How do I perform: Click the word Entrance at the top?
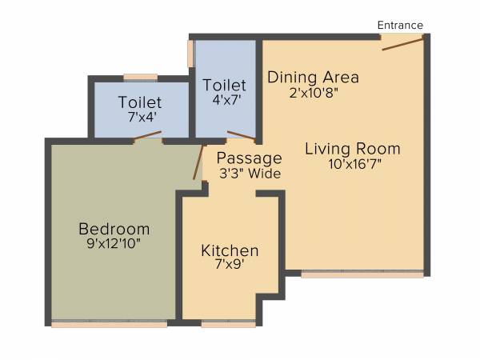click(x=400, y=25)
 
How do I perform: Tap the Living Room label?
click(x=352, y=149)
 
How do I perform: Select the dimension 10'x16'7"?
click(x=353, y=165)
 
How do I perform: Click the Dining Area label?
click(x=313, y=78)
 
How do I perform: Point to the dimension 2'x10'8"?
click(x=313, y=93)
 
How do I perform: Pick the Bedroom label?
click(x=113, y=226)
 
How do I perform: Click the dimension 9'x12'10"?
click(x=113, y=242)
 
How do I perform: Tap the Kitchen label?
click(x=230, y=250)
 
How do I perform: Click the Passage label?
click(x=250, y=158)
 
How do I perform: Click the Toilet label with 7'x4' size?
click(x=140, y=102)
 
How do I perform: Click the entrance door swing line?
click(x=402, y=42)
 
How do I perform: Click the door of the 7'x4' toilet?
click(x=148, y=137)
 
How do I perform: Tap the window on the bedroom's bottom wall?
click(x=110, y=324)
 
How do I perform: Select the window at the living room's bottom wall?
click(x=362, y=274)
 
